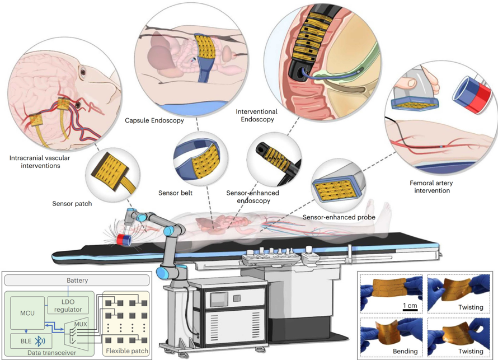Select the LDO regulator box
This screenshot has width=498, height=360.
click(x=68, y=305)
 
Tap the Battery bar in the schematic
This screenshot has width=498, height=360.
click(x=77, y=280)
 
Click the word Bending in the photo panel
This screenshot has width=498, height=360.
click(x=405, y=351)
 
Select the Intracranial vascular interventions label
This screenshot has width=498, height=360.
click(x=40, y=162)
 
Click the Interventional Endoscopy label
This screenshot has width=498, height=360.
click(x=256, y=115)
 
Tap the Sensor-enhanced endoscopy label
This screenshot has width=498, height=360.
click(x=252, y=197)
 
